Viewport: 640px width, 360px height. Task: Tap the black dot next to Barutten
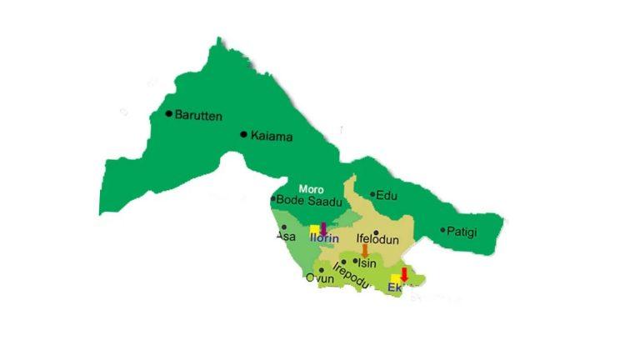(x=169, y=113)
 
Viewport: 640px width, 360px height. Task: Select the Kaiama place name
(x=272, y=136)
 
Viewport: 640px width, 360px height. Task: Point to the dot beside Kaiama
(x=243, y=134)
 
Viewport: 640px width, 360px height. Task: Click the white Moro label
(x=311, y=189)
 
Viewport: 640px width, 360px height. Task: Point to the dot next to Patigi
(x=443, y=230)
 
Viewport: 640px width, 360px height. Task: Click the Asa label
(x=285, y=237)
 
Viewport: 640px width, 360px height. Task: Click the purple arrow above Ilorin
(x=323, y=228)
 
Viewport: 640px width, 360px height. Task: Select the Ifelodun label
(x=378, y=240)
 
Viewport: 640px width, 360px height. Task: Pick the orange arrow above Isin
(x=364, y=250)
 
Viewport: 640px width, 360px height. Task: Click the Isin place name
(x=367, y=263)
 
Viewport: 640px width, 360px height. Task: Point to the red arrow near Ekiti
(x=404, y=274)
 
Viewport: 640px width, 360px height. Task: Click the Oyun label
(x=319, y=279)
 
